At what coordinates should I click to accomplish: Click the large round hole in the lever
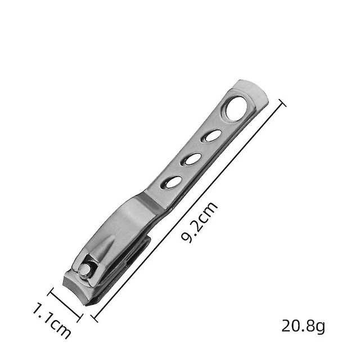pyautogui.click(x=236, y=108)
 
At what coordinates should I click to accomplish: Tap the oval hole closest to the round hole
pyautogui.click(x=213, y=136)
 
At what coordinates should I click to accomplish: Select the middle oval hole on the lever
pyautogui.click(x=193, y=159)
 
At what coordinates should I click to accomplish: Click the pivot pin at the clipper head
pyautogui.click(x=85, y=270)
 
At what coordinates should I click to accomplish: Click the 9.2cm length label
pyautogui.click(x=199, y=222)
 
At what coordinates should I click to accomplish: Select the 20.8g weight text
pyautogui.click(x=303, y=326)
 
